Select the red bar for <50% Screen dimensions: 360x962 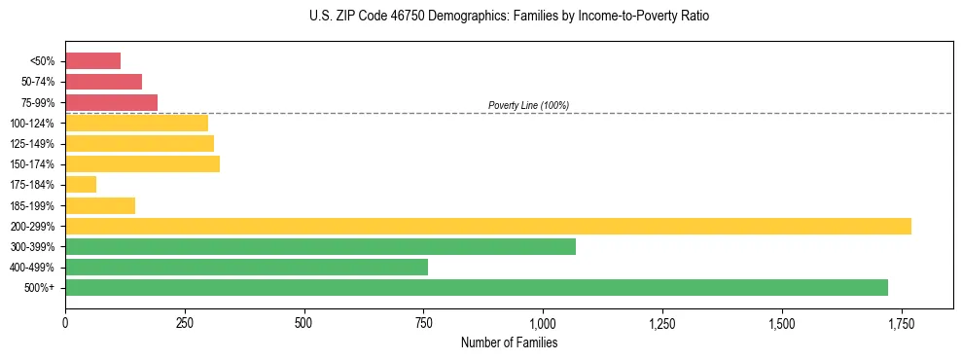[x=92, y=61]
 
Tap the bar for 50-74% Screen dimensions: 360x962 [x=103, y=82]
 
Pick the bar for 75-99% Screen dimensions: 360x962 [x=111, y=102]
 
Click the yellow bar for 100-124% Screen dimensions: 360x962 [x=136, y=123]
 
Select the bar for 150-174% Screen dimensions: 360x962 [x=142, y=163]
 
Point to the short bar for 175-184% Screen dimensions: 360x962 [x=81, y=184]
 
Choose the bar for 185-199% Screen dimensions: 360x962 [x=100, y=205]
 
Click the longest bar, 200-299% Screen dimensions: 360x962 [x=487, y=226]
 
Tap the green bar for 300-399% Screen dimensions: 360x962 [x=320, y=246]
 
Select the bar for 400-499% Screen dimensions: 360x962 [x=246, y=267]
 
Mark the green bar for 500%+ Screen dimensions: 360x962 [x=476, y=287]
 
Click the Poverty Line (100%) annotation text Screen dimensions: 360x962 [x=528, y=105]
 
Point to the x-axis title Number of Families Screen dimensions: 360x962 [x=509, y=342]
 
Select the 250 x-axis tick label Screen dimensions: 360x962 [x=185, y=323]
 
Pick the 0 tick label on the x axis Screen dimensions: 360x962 [x=65, y=323]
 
